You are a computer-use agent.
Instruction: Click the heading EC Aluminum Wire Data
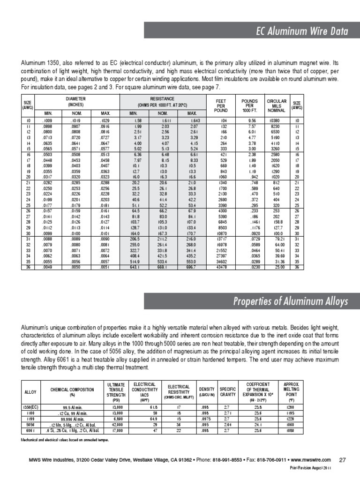click(301, 31)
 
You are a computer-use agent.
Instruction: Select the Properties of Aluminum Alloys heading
click(291, 301)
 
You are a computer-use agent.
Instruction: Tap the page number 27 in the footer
click(342, 459)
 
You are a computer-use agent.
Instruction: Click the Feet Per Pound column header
click(220, 105)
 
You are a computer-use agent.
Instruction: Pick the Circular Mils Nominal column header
click(276, 105)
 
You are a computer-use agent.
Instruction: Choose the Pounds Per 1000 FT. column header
click(249, 105)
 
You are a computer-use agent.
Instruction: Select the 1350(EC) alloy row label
click(30, 408)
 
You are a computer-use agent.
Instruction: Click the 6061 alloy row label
click(30, 430)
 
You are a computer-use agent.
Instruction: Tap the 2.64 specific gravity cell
click(227, 425)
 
